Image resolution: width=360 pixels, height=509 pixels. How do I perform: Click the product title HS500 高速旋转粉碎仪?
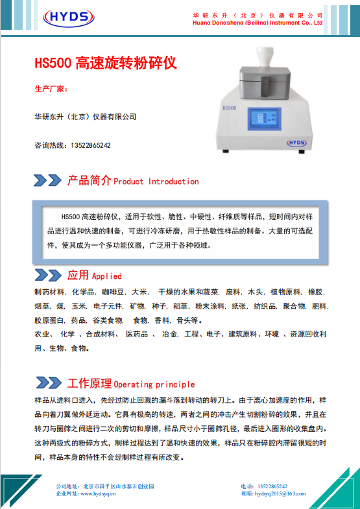click(106, 63)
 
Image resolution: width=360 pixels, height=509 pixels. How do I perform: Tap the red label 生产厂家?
click(51, 89)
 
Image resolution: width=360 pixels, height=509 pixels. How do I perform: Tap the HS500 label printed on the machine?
click(230, 108)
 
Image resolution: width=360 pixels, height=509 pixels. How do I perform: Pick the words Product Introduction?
click(156, 182)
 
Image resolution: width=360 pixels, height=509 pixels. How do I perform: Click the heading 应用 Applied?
click(95, 276)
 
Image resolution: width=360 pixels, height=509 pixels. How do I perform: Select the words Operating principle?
click(154, 385)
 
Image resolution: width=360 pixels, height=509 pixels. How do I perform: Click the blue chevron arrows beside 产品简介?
click(47, 180)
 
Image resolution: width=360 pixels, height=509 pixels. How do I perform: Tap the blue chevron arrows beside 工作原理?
click(49, 383)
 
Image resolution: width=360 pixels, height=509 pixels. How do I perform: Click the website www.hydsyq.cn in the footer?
click(98, 493)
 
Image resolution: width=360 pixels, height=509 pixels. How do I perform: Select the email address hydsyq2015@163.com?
click(280, 493)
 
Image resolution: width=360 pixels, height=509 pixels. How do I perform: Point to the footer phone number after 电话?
click(272, 486)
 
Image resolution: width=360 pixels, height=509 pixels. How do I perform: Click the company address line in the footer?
click(105, 486)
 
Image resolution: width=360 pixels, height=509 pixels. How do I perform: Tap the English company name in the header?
click(258, 23)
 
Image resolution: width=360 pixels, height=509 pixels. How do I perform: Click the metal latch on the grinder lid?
click(265, 87)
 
